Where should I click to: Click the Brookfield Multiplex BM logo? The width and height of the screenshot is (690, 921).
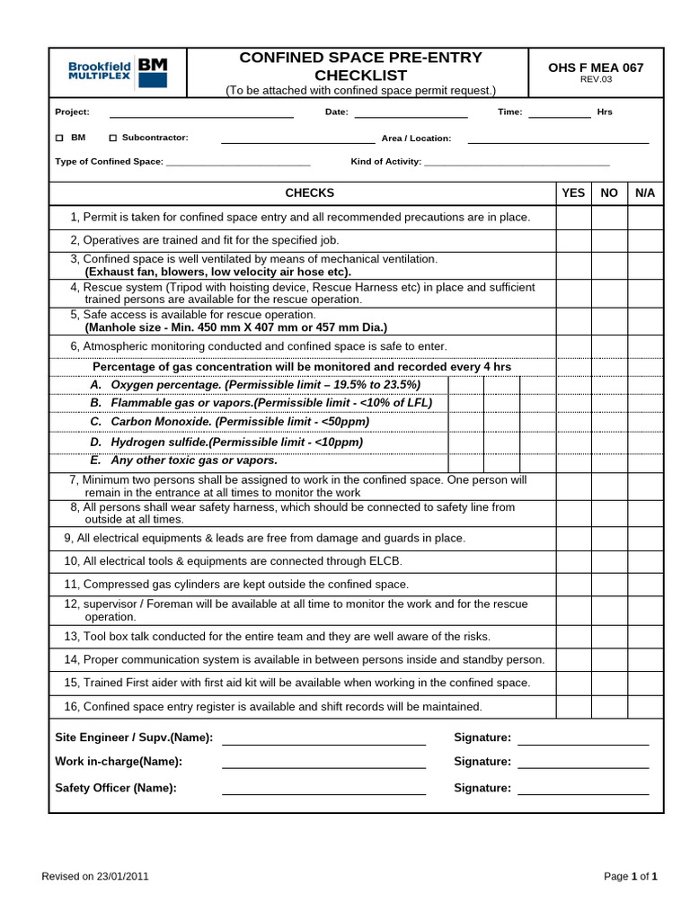(x=117, y=71)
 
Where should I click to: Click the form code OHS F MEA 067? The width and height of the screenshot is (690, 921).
(x=596, y=67)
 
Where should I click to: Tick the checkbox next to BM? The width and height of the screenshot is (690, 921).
(x=59, y=139)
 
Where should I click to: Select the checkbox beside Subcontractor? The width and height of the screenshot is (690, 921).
(x=112, y=139)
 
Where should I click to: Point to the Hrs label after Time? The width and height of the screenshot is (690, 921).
(x=605, y=112)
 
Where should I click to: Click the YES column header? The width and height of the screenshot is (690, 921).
(x=573, y=193)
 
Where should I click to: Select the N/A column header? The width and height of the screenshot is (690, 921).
(x=645, y=193)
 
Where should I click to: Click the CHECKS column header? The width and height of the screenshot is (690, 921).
(x=309, y=193)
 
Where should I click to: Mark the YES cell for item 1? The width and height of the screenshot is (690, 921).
(x=573, y=218)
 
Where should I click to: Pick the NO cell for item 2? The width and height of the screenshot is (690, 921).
(x=609, y=241)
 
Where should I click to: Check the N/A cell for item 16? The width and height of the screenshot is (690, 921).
(x=645, y=707)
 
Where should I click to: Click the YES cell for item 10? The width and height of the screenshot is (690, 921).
(x=573, y=561)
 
